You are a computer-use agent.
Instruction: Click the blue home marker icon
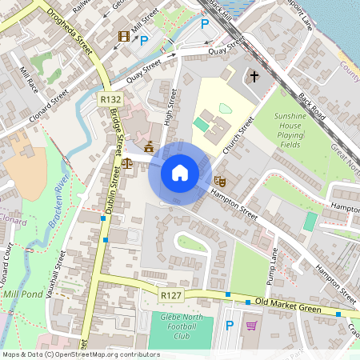point(179,172)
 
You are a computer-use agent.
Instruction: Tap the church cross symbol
point(254,78)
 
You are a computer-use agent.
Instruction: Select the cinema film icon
point(123,37)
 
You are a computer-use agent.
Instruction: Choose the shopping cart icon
point(252,326)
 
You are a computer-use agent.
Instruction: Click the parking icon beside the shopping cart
point(230,326)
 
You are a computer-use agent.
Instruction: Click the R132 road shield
point(111,98)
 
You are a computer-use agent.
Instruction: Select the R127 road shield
point(170,296)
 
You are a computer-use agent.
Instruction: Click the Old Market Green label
point(287,305)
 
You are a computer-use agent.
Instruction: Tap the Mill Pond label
point(24,295)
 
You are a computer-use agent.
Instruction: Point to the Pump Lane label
point(272,265)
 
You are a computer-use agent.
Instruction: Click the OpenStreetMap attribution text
point(80,354)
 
